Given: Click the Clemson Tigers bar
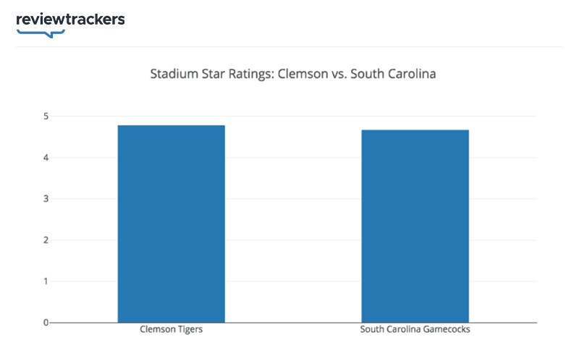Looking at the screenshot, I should coord(172,223).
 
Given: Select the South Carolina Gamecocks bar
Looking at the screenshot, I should coord(415,226).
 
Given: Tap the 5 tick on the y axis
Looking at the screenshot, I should coord(45,116).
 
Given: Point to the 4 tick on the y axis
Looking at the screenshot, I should coord(45,158).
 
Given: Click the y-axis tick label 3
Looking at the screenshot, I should coord(45,199).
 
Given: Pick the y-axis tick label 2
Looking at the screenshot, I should coord(45,240).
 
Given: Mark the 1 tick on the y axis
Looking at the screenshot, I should coord(45,281).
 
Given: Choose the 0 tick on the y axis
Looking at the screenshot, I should coord(45,323).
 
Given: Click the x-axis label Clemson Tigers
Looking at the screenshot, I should coord(172,330).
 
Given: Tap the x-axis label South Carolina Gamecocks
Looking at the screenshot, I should coord(415,330).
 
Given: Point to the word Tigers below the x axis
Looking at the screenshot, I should coord(190,330).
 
